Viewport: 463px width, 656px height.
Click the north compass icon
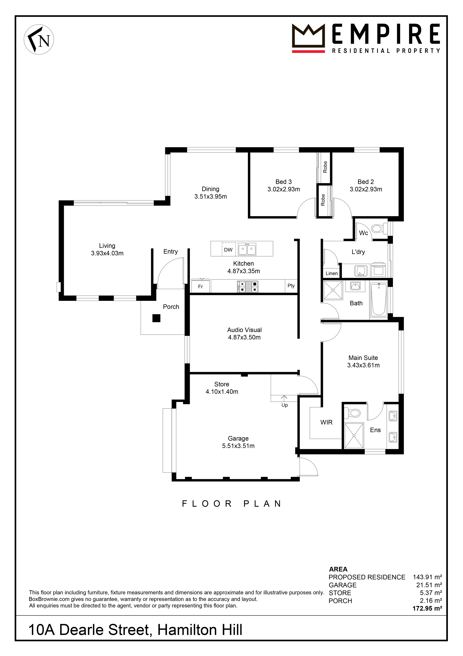click(39, 39)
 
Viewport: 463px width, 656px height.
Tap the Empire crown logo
click(308, 36)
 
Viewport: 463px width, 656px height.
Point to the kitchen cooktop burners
click(248, 286)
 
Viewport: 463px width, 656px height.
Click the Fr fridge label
click(201, 286)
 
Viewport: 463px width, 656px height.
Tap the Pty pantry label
click(291, 286)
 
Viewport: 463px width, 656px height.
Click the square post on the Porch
click(156, 318)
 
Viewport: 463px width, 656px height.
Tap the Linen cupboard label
click(332, 274)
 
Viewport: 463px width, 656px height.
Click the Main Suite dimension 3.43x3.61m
click(363, 365)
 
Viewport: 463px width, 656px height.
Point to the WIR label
click(326, 422)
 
